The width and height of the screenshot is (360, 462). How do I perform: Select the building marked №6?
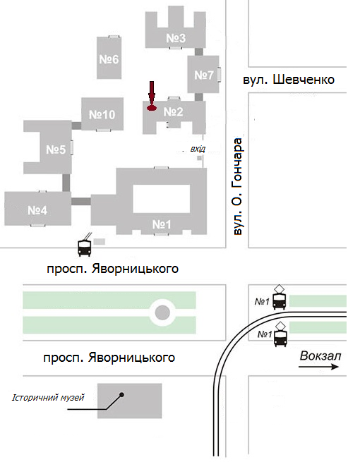click(109, 59)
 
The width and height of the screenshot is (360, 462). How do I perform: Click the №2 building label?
click(174, 111)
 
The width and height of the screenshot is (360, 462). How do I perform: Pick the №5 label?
click(56, 149)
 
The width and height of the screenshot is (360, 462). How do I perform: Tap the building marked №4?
click(37, 210)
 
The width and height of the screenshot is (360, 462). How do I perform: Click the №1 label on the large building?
click(162, 224)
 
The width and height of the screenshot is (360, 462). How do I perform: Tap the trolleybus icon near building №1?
click(85, 246)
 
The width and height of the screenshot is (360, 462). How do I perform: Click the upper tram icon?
click(280, 298)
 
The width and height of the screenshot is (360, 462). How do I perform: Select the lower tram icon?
click(280, 335)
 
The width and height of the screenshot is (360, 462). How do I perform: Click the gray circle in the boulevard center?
click(163, 312)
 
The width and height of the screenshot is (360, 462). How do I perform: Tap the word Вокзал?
click(320, 355)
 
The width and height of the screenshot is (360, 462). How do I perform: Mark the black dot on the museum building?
click(122, 394)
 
